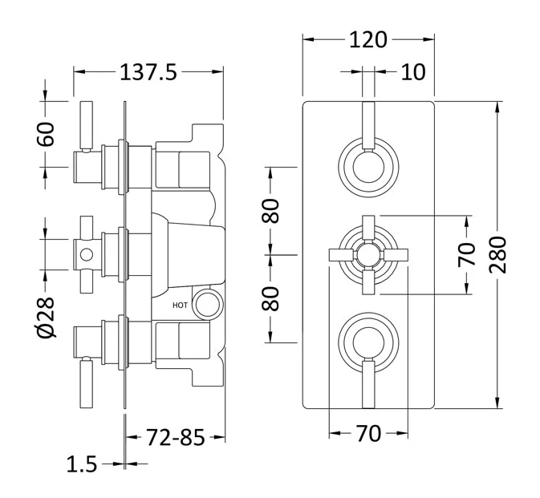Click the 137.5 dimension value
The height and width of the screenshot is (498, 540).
tap(148, 72)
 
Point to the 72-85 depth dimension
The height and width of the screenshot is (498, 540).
tap(175, 438)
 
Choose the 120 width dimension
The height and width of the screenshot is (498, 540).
tap(368, 39)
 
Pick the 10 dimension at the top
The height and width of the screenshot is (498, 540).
tap(412, 72)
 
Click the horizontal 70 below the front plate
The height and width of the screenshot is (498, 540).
tap(367, 434)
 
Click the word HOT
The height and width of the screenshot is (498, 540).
tap(180, 305)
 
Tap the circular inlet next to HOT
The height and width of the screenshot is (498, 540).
tap(208, 303)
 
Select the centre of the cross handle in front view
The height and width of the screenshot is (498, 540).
tap(367, 256)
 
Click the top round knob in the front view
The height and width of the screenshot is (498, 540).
tap(367, 167)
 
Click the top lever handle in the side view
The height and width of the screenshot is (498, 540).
tap(87, 124)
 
